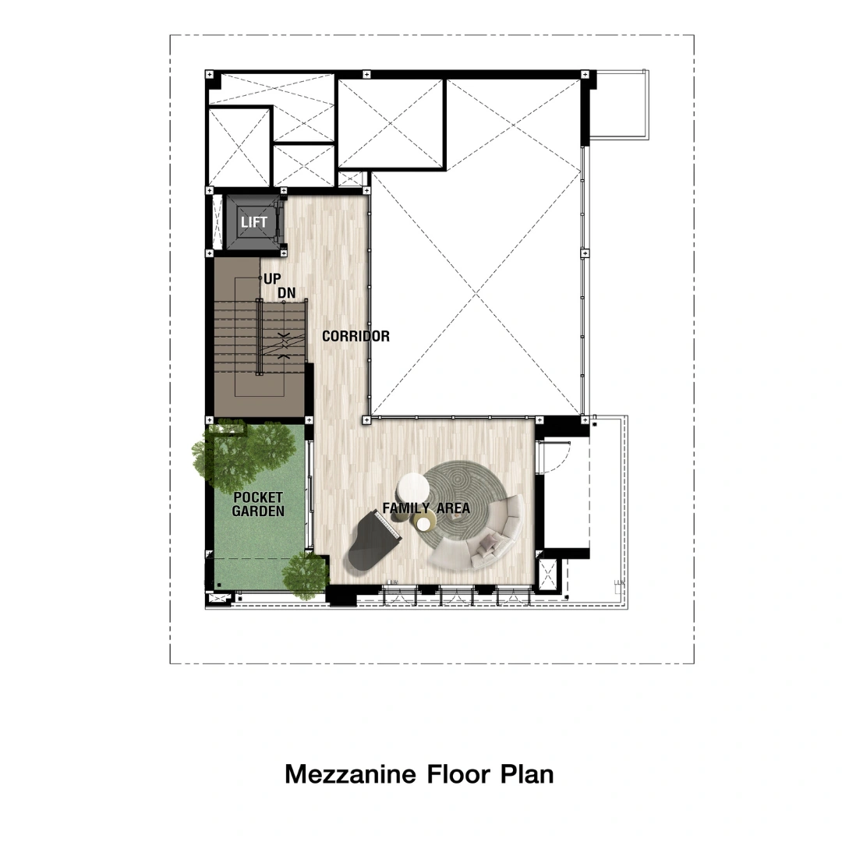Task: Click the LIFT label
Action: coord(254,221)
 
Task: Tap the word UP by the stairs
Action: coord(272,278)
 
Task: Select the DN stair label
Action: coord(287,292)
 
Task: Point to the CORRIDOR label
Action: coord(356,336)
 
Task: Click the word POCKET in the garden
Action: coord(258,497)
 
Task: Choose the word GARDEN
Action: coord(258,511)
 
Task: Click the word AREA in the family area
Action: coord(454,508)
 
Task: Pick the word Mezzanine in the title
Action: coord(350,774)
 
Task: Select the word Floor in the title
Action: coord(458,774)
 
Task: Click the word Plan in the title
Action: coord(527,774)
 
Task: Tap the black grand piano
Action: coord(373,540)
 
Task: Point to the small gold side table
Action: coord(424,522)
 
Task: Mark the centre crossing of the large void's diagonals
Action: coord(476,294)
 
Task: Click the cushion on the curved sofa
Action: coord(487,543)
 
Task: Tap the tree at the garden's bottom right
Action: coord(305,572)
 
